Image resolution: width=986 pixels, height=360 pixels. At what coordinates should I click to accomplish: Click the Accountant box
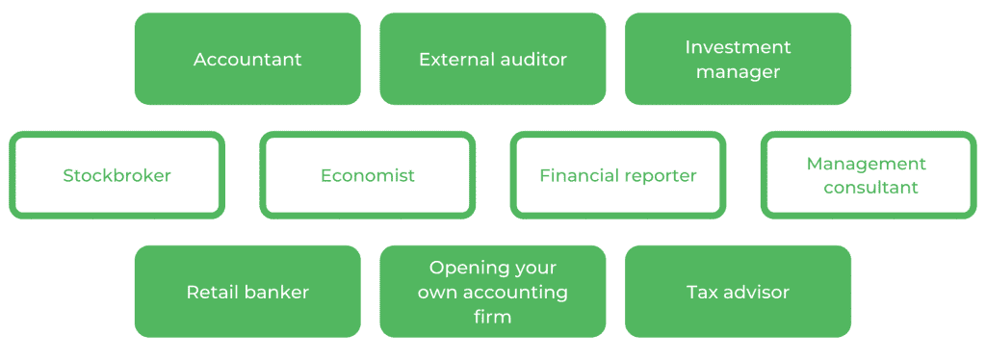247,59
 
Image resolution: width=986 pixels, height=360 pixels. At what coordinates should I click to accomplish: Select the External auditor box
492,59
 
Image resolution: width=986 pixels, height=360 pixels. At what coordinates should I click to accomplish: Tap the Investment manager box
738,59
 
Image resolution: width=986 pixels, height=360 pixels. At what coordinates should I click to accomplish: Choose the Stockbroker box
117,175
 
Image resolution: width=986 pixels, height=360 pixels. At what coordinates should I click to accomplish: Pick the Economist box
368,175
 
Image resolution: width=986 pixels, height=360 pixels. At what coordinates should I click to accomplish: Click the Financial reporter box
617,175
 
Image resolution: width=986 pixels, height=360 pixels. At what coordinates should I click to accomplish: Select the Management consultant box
867,175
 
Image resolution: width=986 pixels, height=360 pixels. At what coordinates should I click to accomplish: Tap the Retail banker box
247,292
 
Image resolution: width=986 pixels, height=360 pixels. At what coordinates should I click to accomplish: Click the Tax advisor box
738,292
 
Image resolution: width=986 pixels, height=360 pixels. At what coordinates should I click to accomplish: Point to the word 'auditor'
533,60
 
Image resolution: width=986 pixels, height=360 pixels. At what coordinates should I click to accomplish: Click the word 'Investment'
738,47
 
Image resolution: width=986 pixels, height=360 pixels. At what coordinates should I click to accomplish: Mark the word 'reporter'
659,176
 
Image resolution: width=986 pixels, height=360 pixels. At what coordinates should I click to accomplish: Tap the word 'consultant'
867,188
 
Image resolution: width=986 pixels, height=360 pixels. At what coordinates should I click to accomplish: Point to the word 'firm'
492,317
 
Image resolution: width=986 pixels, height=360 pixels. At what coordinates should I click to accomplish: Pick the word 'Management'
867,164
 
